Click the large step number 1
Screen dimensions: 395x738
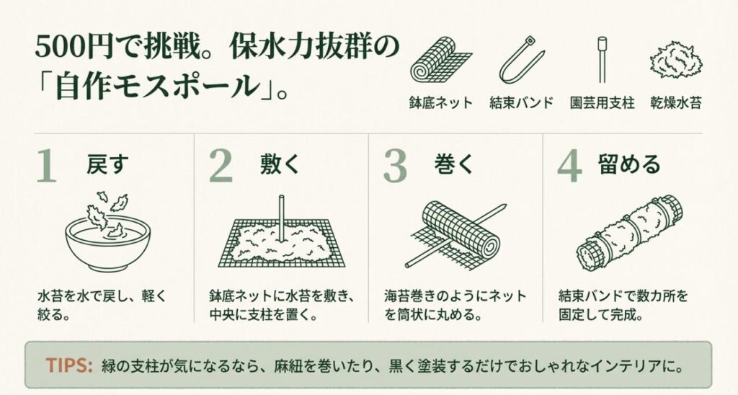tap(45, 167)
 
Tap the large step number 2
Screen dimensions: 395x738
tap(221, 167)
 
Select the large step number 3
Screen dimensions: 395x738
tap(395, 167)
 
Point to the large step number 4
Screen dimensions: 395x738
tap(569, 167)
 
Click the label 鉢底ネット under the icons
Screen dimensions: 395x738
tap(440, 103)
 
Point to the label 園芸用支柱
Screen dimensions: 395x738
tap(601, 103)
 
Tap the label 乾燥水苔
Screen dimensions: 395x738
tap(675, 103)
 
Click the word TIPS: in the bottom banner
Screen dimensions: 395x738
tap(69, 365)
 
